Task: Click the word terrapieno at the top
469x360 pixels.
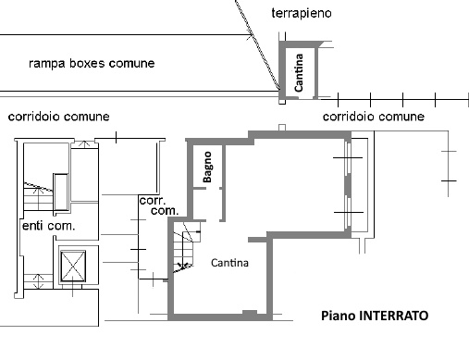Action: pyautogui.click(x=302, y=14)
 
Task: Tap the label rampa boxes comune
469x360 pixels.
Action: pyautogui.click(x=92, y=63)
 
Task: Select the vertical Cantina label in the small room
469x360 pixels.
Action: pyautogui.click(x=299, y=73)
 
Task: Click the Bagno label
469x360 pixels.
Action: pyautogui.click(x=207, y=167)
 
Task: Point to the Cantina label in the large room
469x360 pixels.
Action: pyautogui.click(x=229, y=263)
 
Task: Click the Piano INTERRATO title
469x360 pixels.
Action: pyautogui.click(x=375, y=316)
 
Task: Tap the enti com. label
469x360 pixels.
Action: pyautogui.click(x=49, y=226)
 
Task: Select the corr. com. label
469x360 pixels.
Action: pyautogui.click(x=159, y=205)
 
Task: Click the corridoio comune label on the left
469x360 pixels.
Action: pyautogui.click(x=58, y=117)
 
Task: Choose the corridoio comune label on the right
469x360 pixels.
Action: pyautogui.click(x=374, y=117)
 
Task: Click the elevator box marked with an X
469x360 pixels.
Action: pyautogui.click(x=73, y=267)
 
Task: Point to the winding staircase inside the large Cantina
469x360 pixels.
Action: pyautogui.click(x=185, y=248)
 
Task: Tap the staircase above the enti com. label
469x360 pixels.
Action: pyautogui.click(x=38, y=196)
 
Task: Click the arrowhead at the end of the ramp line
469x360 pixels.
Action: pyautogui.click(x=250, y=37)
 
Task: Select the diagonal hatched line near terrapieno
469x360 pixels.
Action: pyautogui.click(x=258, y=44)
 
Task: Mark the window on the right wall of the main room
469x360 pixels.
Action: pyautogui.click(x=348, y=184)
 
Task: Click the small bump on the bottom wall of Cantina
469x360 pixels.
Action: pyautogui.click(x=250, y=312)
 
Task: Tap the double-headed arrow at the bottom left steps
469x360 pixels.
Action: pyautogui.click(x=38, y=280)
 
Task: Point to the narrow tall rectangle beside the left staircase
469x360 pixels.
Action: pyautogui.click(x=61, y=192)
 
